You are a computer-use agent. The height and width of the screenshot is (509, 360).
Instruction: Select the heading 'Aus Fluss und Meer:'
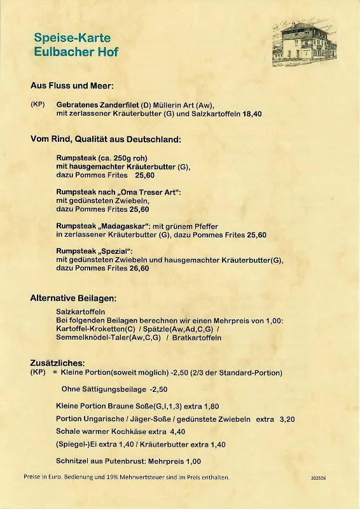(72, 85)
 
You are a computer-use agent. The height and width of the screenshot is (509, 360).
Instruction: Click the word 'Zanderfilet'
(112, 104)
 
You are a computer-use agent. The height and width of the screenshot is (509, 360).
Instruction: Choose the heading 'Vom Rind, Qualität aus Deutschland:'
(106, 139)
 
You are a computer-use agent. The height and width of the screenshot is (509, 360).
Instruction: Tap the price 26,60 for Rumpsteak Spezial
(140, 268)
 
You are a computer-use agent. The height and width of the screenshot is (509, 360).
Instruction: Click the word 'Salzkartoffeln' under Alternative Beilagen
(81, 311)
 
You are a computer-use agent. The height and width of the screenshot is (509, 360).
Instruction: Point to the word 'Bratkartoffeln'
(197, 337)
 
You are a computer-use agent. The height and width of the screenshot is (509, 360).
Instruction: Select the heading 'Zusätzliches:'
(58, 362)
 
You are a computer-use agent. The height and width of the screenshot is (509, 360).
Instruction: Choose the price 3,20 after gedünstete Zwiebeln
(287, 419)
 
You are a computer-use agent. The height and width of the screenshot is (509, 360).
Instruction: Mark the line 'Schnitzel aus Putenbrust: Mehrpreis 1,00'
(128, 461)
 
